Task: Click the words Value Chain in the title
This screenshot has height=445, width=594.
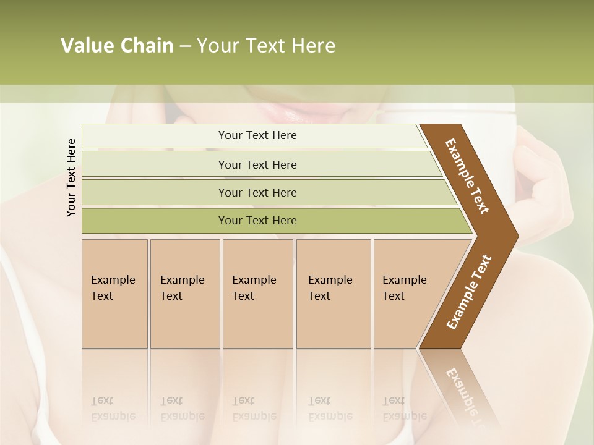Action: coord(117,46)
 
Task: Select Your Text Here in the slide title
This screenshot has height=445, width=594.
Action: coord(266,46)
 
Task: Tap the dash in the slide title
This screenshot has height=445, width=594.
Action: coord(185,46)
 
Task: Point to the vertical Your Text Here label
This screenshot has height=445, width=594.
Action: coord(71,177)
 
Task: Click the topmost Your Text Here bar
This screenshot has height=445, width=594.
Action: coord(257,135)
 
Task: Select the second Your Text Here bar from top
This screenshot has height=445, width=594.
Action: coord(257,164)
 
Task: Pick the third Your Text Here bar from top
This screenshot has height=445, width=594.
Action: coord(257,192)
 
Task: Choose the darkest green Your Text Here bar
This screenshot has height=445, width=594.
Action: coord(257,221)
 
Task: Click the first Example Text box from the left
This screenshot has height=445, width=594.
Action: coord(114,294)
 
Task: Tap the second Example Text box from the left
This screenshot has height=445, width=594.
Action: coord(184,294)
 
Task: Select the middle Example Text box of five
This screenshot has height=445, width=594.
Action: coord(257,294)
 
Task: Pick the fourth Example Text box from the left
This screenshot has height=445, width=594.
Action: coord(333,294)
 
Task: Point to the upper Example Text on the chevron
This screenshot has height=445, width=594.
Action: coord(467,176)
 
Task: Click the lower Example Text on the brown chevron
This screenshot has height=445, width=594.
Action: coord(468,292)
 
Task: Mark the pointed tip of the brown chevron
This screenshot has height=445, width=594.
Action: coord(515,235)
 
